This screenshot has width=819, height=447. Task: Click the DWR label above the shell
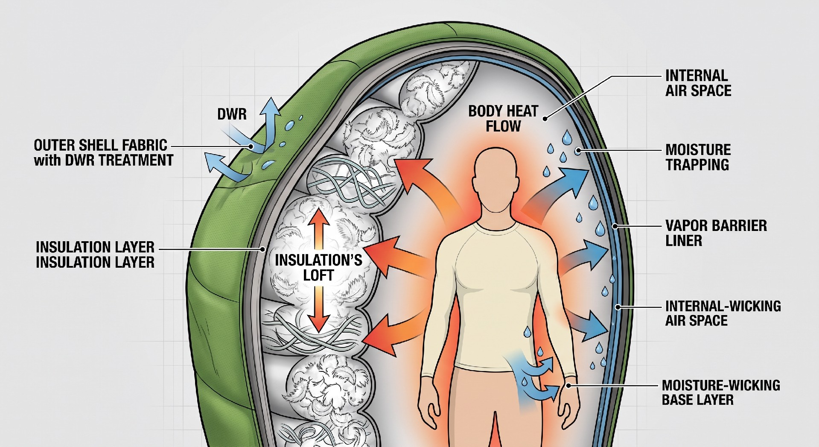tap(232, 114)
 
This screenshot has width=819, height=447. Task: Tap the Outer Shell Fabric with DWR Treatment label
tap(104, 152)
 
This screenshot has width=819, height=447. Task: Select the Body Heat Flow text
tap(503, 119)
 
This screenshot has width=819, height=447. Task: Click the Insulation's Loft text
tap(318, 268)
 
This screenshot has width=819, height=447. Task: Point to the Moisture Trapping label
tap(698, 157)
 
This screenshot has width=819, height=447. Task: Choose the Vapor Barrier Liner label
tap(716, 233)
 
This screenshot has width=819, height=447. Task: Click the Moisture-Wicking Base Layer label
tap(721, 392)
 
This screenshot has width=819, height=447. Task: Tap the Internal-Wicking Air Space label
tap(723, 313)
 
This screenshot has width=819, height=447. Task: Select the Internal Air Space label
tap(698, 83)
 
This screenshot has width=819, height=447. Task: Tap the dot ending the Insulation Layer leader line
tap(263, 249)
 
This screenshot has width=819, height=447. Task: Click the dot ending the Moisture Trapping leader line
tap(578, 150)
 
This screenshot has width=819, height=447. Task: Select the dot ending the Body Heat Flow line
tap(545, 119)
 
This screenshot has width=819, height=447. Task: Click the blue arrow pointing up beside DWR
tap(268, 124)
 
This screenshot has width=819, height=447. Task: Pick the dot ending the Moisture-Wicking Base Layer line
tap(569, 386)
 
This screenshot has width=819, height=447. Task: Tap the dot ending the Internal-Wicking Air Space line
tap(617, 307)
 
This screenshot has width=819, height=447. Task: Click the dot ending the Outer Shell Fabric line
tap(251, 146)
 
